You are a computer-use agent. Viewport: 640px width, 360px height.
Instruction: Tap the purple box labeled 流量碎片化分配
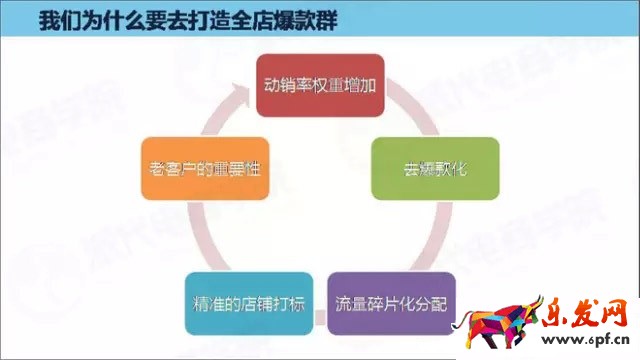pos(391,302)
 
